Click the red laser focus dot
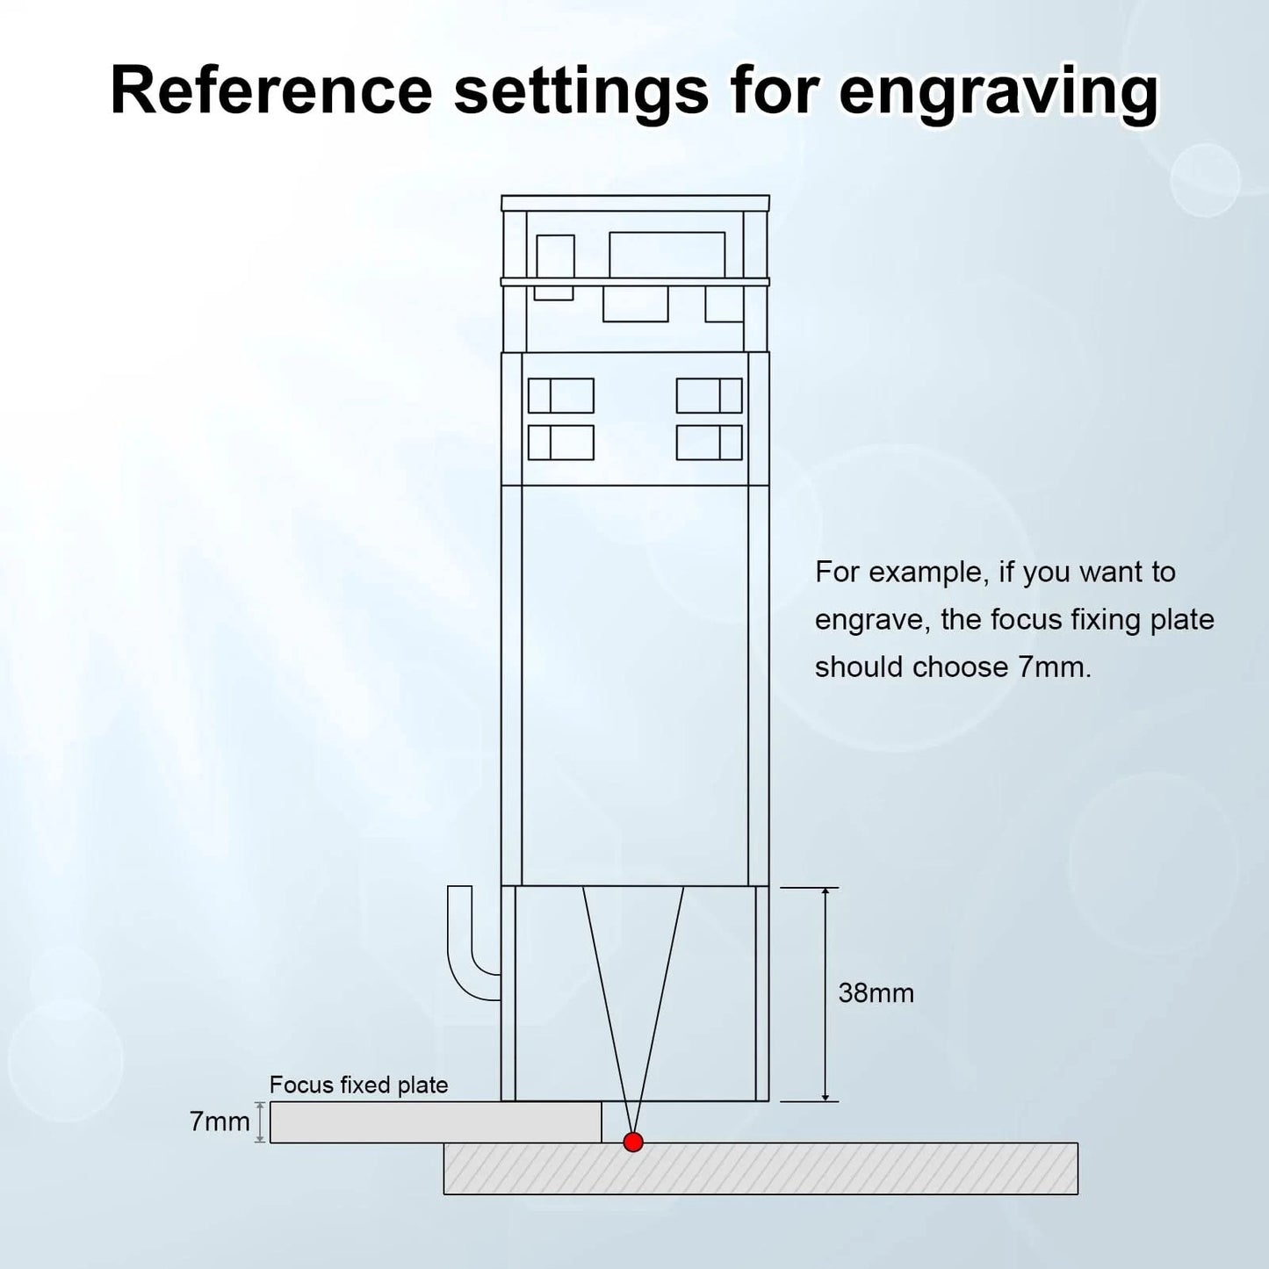tap(633, 1142)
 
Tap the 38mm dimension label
tap(876, 993)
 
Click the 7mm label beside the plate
tap(220, 1121)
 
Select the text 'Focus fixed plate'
tap(359, 1085)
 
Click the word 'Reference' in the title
tap(271, 90)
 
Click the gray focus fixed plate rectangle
tap(436, 1122)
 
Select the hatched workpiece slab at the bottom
tap(761, 1168)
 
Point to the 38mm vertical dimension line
tap(826, 994)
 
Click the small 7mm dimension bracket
tap(260, 1122)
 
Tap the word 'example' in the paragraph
tap(928, 573)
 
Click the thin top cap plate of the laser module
tap(635, 203)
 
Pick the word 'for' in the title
tap(773, 90)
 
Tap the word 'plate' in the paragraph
tap(1182, 620)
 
